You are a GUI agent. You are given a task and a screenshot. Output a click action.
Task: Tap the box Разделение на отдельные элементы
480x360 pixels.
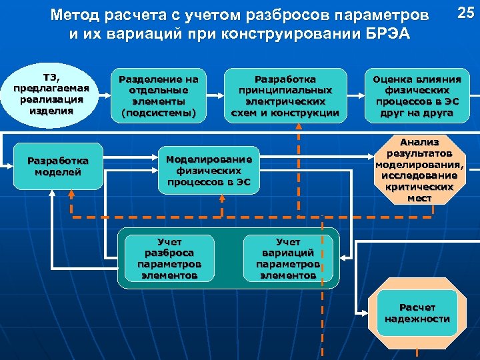[159, 96]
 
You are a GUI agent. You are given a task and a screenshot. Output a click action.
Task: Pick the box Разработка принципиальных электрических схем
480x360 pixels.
[285, 96]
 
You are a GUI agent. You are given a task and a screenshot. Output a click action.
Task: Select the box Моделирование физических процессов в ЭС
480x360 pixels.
[209, 170]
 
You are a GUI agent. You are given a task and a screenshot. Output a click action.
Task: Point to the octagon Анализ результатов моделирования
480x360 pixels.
[420, 171]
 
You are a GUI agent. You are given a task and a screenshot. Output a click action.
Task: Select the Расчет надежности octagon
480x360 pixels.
[417, 313]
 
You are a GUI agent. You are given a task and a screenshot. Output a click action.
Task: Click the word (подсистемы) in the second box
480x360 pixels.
[159, 113]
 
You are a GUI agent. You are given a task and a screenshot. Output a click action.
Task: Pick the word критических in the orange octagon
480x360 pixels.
[420, 187]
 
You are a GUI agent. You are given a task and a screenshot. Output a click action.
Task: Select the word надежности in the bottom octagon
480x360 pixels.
[417, 319]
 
